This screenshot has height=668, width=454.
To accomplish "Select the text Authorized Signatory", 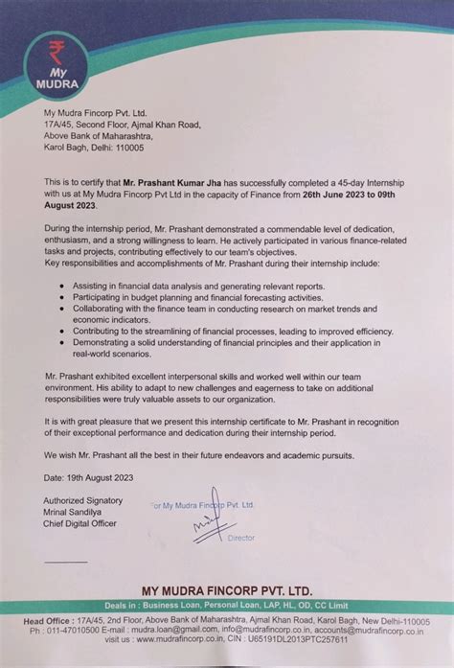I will [x=83, y=500].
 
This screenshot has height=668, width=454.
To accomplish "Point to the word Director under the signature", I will [x=241, y=538].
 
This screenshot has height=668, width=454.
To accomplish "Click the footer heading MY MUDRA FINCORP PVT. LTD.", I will [x=226, y=590].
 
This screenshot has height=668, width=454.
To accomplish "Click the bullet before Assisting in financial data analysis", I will [x=61, y=287].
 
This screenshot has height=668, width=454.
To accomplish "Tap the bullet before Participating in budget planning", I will [x=61, y=298].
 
